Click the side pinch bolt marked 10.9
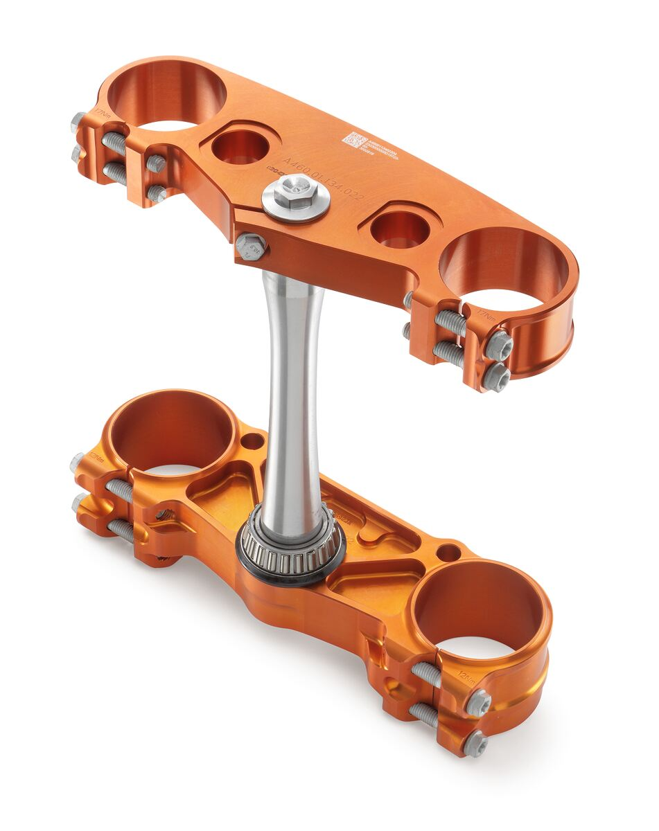(251, 246)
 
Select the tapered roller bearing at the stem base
(291, 546)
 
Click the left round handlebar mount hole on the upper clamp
(239, 147)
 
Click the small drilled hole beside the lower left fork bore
(252, 440)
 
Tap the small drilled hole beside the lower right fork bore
(450, 553)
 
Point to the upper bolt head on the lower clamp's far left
(77, 463)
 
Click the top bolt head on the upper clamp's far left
(78, 123)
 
